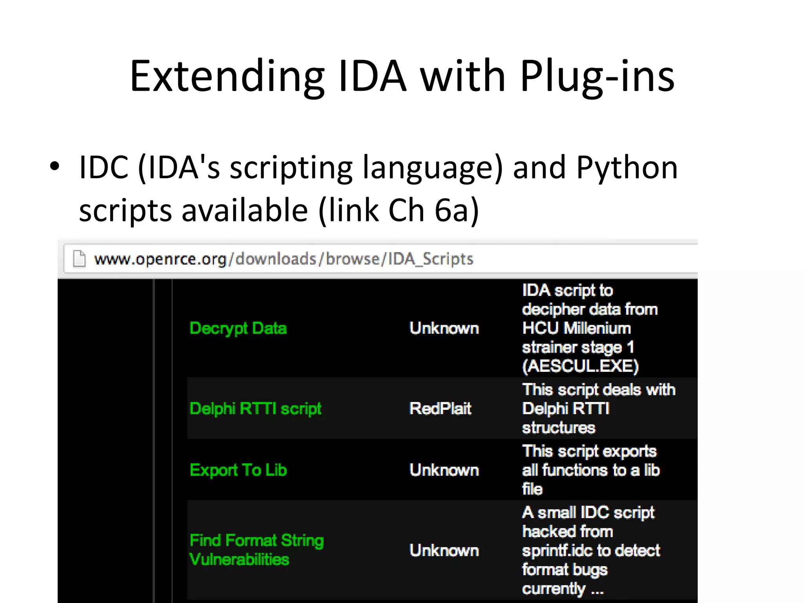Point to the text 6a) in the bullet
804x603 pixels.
tap(457, 210)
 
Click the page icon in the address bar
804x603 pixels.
tap(79, 259)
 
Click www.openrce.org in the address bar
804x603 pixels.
tap(160, 259)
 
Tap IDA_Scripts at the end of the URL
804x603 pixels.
tap(431, 259)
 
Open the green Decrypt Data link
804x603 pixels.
tap(238, 328)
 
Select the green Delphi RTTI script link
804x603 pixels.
tap(255, 409)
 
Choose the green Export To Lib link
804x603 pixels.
tap(238, 470)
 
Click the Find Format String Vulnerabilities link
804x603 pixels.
tap(256, 550)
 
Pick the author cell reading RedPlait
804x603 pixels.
tap(440, 409)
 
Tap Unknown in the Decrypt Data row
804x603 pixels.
tap(444, 328)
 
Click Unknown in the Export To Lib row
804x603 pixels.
tap(444, 470)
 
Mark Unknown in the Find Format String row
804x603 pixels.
tap(444, 550)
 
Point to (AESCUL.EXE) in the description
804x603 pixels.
tap(580, 366)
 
